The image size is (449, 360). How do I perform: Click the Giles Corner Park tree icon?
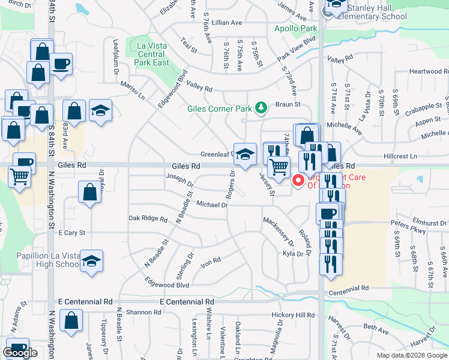click(x=261, y=107)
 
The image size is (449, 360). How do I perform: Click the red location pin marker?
click(x=297, y=180)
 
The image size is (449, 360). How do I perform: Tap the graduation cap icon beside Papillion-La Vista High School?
click(x=91, y=262)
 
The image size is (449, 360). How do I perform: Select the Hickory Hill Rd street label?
click(x=292, y=315)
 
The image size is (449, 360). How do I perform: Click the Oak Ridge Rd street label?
click(x=147, y=219)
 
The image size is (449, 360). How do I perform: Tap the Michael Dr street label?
click(x=212, y=205)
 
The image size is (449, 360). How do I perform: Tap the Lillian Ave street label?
click(x=226, y=22)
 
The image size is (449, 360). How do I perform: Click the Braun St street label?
click(x=288, y=104)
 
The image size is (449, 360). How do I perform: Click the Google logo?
click(x=20, y=352)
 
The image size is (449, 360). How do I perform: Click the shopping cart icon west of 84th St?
click(x=20, y=177)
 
